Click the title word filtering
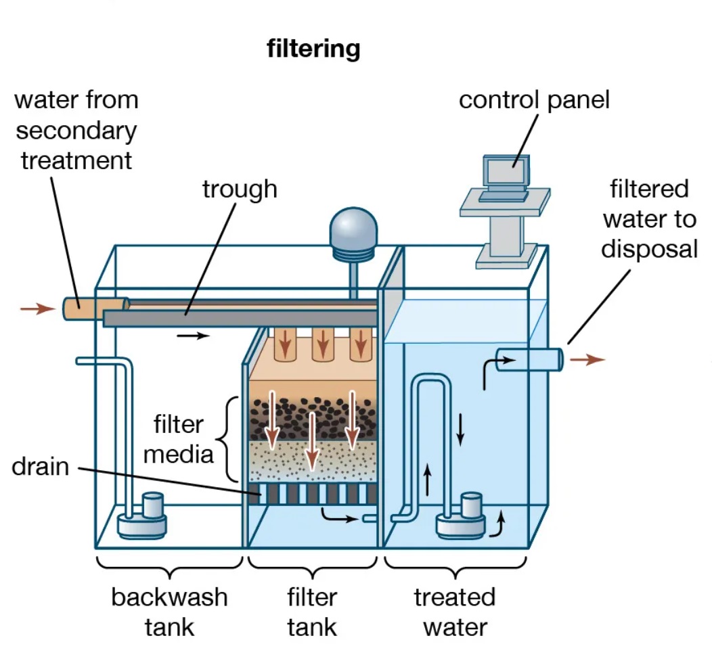pyautogui.click(x=313, y=49)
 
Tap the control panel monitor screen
pyautogui.click(x=504, y=171)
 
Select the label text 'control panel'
pyautogui.click(x=534, y=99)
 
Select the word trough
pyautogui.click(x=240, y=189)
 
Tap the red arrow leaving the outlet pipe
pyautogui.click(x=586, y=359)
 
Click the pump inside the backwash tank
pyautogui.click(x=143, y=516)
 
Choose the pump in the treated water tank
pyautogui.click(x=462, y=516)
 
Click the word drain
pyautogui.click(x=40, y=466)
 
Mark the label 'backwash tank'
pyautogui.click(x=169, y=612)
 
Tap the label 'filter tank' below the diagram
pyautogui.click(x=312, y=612)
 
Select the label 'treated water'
pyautogui.click(x=455, y=612)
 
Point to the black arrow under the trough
pyautogui.click(x=193, y=336)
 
